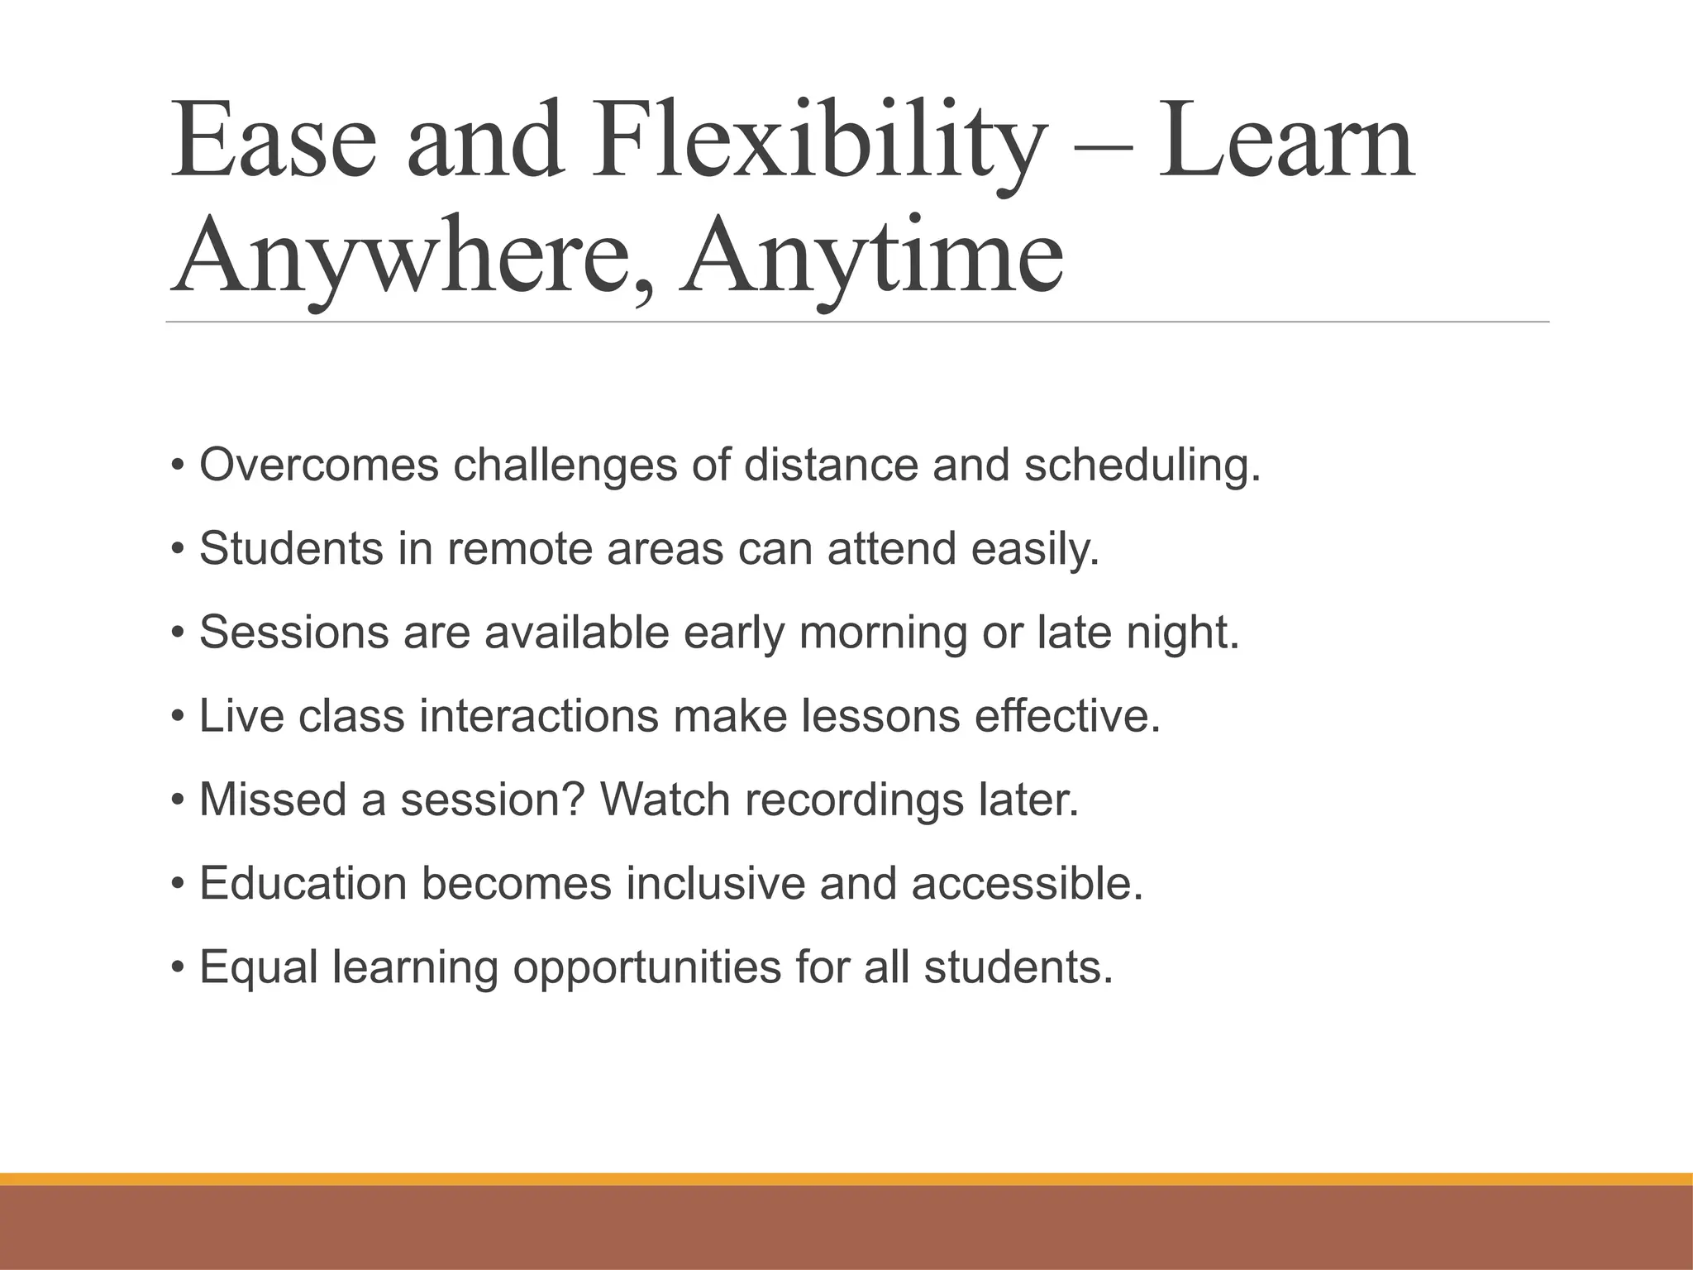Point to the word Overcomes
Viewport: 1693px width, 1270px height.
[319, 465]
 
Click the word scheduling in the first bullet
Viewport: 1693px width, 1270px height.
[1142, 466]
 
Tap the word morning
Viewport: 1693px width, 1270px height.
[883, 633]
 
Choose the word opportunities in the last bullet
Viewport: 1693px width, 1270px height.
[646, 968]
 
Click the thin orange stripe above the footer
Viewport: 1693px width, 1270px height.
[846, 1179]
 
